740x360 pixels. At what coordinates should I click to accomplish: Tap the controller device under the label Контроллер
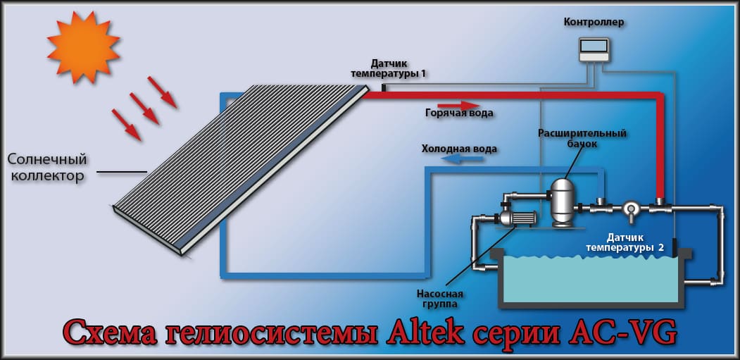coord(594,49)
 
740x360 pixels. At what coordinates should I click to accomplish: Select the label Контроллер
coord(594,23)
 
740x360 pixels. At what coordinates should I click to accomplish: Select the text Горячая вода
coord(459,113)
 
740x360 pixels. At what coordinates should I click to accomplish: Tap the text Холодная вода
coord(459,149)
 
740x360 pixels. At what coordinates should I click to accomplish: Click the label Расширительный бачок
coord(582,138)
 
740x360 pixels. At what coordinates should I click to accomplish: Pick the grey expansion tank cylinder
coord(561,201)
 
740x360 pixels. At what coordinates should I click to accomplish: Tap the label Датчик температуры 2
coord(625,242)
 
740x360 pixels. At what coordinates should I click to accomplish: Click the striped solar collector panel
coord(239,169)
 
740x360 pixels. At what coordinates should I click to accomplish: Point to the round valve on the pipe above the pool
coord(630,208)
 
